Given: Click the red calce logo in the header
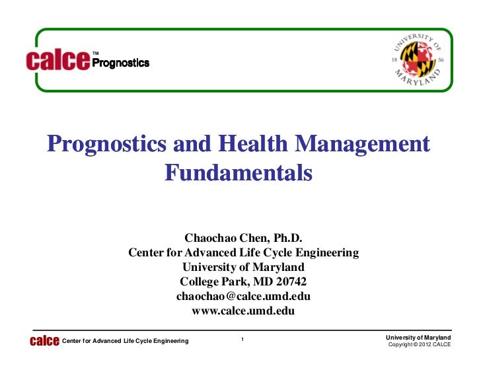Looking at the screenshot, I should (57, 61).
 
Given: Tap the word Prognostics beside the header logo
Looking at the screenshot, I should (120, 63).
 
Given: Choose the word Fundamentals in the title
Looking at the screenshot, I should (237, 173).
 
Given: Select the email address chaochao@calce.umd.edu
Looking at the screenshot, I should (243, 296).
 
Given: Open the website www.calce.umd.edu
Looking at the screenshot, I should (243, 311).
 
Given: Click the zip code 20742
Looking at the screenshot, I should (287, 281).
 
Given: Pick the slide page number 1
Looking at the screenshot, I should (243, 340).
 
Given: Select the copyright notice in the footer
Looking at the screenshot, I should (419, 345).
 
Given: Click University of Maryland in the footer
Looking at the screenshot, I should (418, 338).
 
